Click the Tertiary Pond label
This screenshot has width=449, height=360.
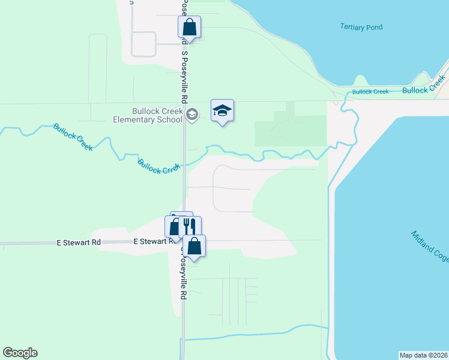click(361, 27)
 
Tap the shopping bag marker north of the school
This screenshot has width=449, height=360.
click(189, 28)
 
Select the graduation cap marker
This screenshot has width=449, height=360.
click(222, 111)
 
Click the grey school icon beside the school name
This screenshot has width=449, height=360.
click(192, 115)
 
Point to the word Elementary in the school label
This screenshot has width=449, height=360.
click(147, 119)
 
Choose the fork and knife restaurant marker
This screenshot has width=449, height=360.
click(190, 227)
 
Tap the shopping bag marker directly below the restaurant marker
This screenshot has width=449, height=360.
click(194, 246)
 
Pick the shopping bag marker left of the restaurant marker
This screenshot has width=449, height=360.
click(174, 227)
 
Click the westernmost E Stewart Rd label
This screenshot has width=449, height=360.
click(78, 242)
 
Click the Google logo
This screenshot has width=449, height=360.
click(20, 353)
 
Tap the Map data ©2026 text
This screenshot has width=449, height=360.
click(424, 355)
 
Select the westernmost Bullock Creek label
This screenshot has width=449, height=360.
click(73, 137)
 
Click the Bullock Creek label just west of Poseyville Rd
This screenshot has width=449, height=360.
click(158, 166)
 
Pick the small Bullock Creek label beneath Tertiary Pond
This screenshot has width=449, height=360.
click(370, 92)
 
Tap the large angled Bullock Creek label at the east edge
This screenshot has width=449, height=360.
click(425, 85)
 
